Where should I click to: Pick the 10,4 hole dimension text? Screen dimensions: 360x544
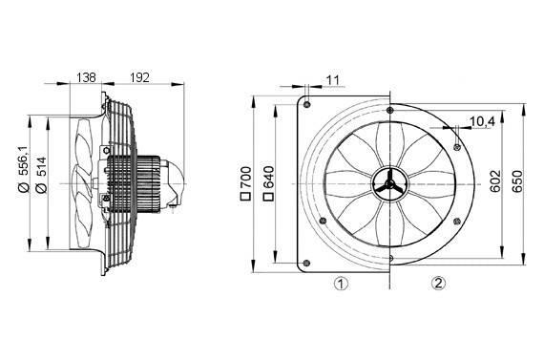coord(483,122)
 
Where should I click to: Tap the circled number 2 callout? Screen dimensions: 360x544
coord(438,284)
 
